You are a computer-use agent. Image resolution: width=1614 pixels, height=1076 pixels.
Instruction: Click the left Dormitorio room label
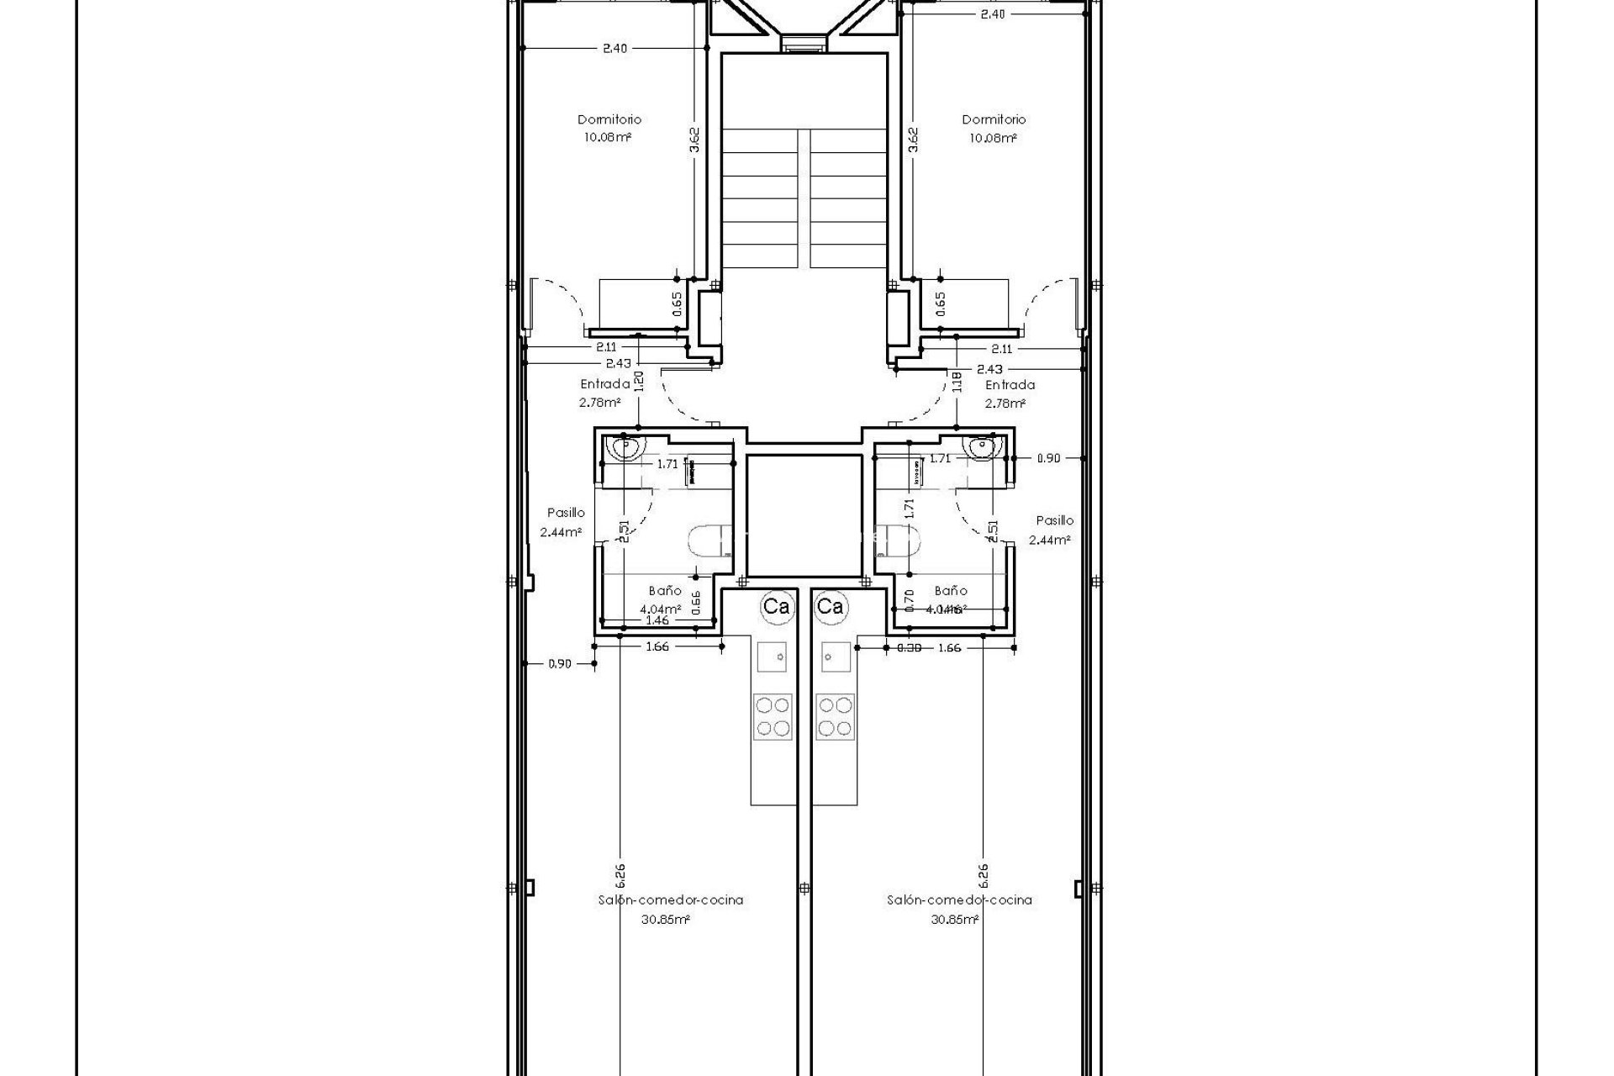609,119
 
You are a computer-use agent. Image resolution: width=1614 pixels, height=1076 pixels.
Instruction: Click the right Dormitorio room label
994,119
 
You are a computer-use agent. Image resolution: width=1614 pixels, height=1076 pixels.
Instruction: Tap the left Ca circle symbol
775,606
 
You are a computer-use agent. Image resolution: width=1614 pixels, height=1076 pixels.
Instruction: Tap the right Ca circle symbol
831,606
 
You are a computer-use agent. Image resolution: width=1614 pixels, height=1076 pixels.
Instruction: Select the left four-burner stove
773,716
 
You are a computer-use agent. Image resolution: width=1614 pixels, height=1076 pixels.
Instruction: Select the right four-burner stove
835,716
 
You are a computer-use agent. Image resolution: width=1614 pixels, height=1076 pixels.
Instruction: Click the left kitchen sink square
773,656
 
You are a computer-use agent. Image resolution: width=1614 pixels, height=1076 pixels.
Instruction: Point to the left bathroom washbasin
625,449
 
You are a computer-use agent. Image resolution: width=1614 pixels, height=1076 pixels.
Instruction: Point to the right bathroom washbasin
982,449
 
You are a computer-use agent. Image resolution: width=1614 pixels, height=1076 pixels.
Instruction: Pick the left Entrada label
604,384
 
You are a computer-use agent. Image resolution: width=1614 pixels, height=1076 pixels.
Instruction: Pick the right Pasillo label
1054,520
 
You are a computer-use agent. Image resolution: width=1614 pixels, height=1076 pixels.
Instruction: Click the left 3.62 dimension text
694,140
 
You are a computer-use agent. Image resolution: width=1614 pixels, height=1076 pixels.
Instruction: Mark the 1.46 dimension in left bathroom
657,620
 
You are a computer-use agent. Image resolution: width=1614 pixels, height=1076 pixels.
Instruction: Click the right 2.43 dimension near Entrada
989,369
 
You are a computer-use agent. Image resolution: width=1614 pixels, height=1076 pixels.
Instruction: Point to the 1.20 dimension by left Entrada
639,382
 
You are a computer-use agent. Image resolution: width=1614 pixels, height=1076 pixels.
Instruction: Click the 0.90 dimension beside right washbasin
1048,458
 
